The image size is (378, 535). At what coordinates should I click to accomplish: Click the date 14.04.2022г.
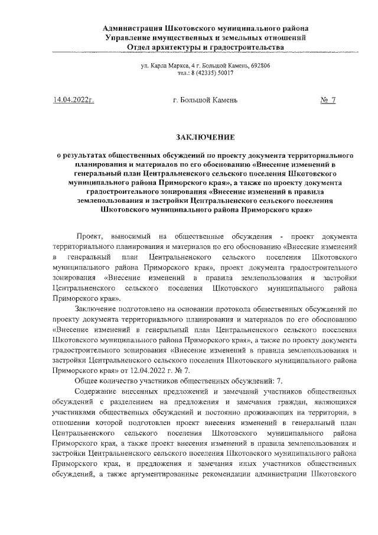tap(74, 101)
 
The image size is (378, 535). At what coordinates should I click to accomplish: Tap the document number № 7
tap(328, 101)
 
